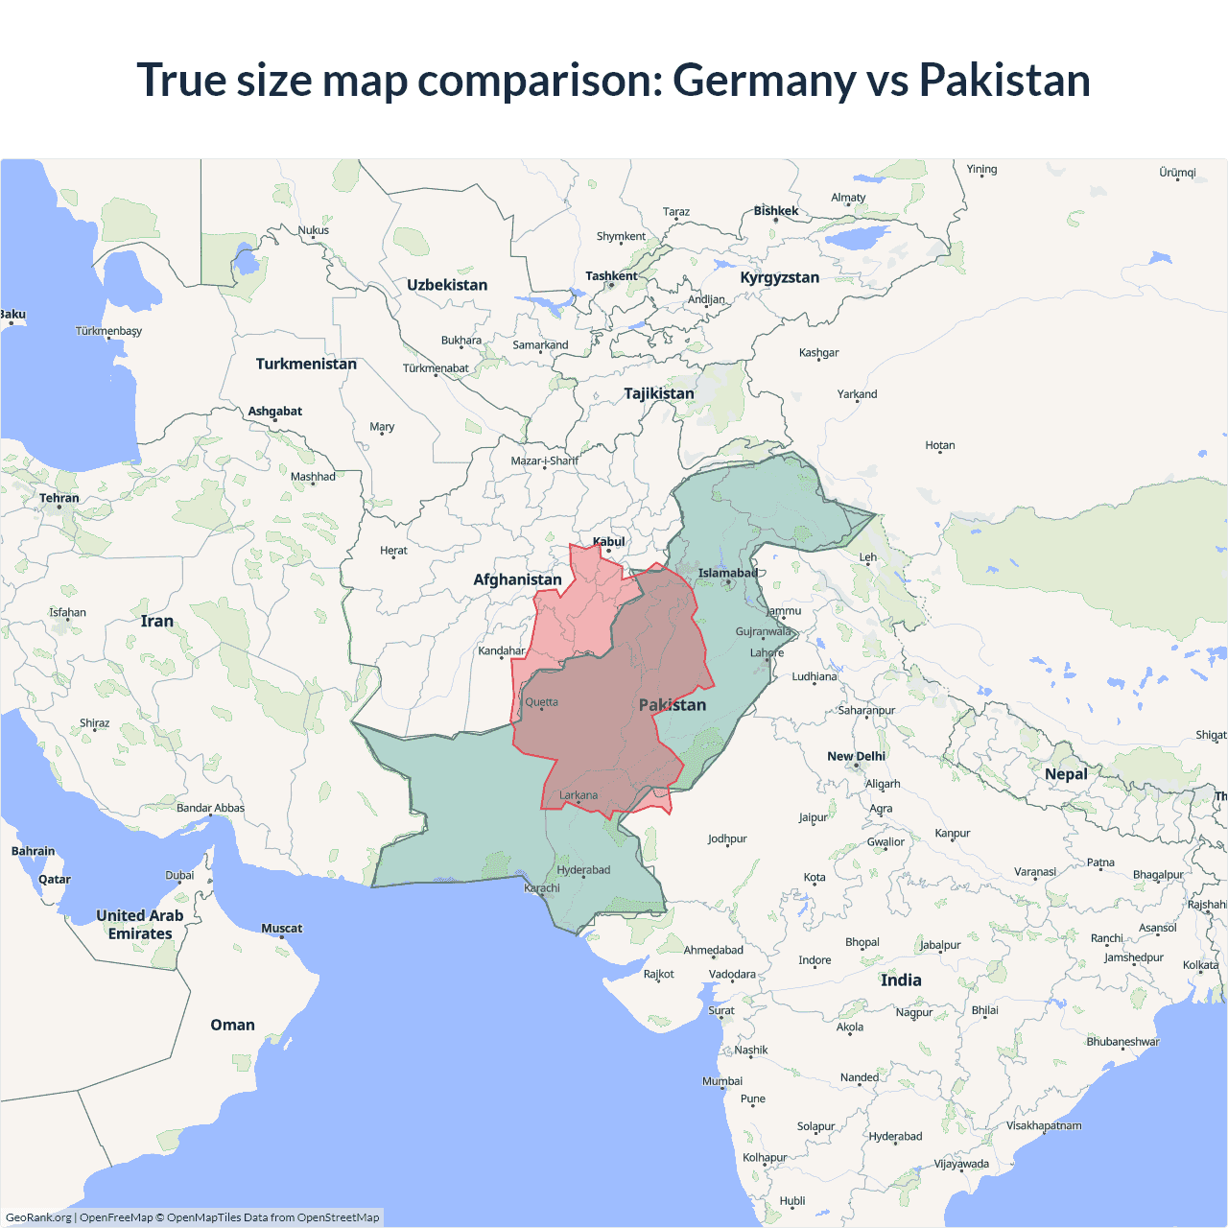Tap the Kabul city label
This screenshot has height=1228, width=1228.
click(609, 542)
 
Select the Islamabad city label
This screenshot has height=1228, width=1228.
click(727, 574)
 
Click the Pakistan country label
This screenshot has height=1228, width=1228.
click(673, 705)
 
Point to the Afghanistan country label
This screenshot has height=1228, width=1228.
click(517, 579)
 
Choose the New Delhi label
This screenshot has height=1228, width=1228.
click(856, 756)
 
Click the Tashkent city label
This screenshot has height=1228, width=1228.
click(611, 276)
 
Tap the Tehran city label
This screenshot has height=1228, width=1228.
click(59, 498)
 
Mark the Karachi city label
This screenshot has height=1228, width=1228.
click(542, 888)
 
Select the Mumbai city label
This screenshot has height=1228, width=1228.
click(722, 1081)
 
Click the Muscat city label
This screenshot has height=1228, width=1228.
click(281, 929)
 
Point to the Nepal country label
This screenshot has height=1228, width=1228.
click(1066, 774)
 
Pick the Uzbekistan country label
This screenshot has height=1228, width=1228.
click(447, 285)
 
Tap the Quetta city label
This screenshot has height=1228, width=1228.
click(541, 702)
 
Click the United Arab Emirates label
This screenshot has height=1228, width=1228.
click(140, 925)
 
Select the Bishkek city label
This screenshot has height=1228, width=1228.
click(775, 211)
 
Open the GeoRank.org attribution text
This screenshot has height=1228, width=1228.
click(38, 1217)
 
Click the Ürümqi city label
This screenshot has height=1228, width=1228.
click(1177, 173)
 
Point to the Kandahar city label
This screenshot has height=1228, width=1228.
click(502, 650)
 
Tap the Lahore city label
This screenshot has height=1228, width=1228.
click(767, 653)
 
